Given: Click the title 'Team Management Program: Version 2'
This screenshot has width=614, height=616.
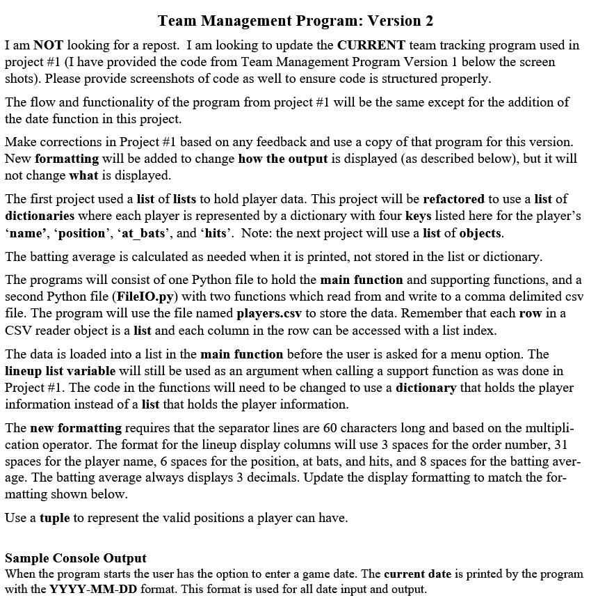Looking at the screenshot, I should (296, 21).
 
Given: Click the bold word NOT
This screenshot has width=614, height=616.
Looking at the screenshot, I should (48, 45).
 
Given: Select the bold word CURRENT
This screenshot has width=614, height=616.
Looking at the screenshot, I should (371, 45).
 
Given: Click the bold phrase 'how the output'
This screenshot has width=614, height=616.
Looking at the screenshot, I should (282, 159).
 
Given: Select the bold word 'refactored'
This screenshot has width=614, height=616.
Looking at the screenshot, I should (453, 199).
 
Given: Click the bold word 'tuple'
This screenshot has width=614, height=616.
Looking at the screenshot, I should (55, 518).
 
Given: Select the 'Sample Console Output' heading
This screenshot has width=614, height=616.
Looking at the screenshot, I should (76, 558).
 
